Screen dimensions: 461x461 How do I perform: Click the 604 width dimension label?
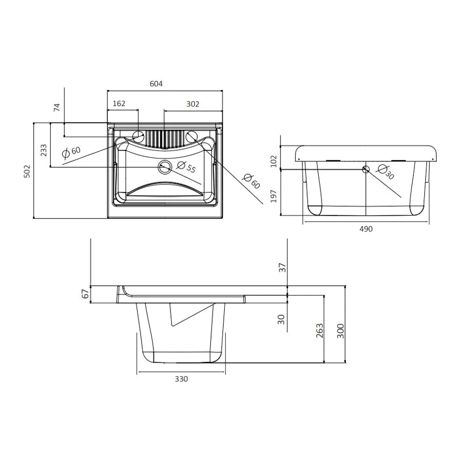click(x=156, y=84)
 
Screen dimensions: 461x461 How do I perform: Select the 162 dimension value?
click(x=119, y=104)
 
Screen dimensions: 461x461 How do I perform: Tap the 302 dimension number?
click(x=193, y=104)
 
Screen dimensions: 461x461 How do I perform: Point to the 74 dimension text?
click(x=57, y=107)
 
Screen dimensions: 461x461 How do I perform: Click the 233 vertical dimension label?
click(x=44, y=150)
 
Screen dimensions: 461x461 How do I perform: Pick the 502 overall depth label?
click(x=27, y=171)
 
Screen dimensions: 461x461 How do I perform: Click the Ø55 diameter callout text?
click(x=186, y=167)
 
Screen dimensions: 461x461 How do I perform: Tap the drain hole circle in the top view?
click(x=164, y=167)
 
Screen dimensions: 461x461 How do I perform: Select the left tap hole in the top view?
click(x=138, y=136)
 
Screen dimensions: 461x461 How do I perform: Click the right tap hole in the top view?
click(x=192, y=136)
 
